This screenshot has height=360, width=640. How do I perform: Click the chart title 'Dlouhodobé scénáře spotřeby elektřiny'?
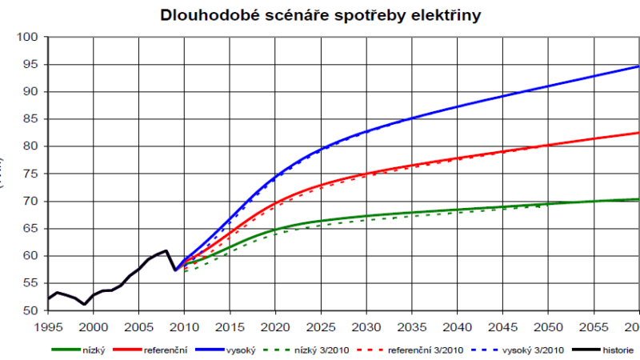pyautogui.click(x=320, y=15)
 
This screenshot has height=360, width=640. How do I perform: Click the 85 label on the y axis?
pyautogui.click(x=31, y=119)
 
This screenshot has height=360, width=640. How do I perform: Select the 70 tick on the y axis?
pyautogui.click(x=31, y=201)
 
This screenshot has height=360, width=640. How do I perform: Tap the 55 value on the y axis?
pyautogui.click(x=31, y=283)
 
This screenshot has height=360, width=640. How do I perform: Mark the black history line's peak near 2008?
pyautogui.click(x=166, y=250)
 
